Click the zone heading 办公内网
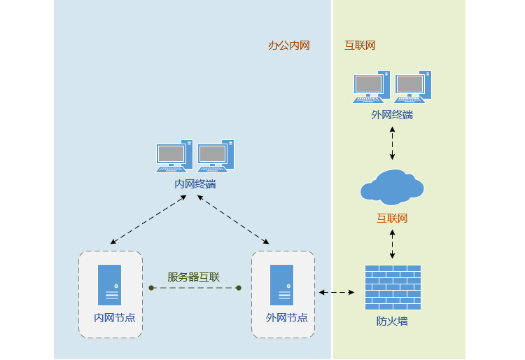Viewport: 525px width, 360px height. [288, 46]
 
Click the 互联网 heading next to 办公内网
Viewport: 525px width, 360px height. [360, 46]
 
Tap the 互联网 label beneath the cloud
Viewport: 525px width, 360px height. [392, 218]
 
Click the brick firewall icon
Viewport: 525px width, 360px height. [393, 287]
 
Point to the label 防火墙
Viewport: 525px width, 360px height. [392, 321]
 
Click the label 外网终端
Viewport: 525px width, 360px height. [392, 114]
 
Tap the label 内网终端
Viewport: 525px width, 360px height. [195, 184]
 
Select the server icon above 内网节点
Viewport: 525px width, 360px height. [109, 284]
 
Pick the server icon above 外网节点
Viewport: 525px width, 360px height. [282, 284]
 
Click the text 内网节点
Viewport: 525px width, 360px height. [115, 317]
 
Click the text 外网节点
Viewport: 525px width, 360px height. [286, 317]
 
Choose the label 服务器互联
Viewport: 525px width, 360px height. [194, 277]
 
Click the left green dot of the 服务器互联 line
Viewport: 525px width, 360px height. [151, 288]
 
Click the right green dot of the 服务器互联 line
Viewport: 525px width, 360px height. [239, 288]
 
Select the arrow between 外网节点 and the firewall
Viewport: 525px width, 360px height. [337, 292]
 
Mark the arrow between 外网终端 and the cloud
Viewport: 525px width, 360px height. [392, 143]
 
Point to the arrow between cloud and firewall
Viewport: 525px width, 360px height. [392, 244]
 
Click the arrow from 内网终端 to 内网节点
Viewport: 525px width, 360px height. [148, 219]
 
